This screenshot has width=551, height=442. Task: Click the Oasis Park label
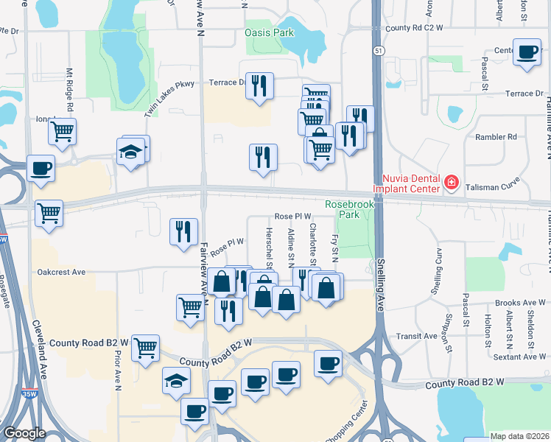tap(269, 32)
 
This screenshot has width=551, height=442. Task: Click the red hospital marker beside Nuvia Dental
tap(451, 182)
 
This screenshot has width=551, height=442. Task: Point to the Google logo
tap(24, 433)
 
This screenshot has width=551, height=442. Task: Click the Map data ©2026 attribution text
tap(519, 436)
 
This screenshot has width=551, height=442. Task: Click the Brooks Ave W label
tap(520, 303)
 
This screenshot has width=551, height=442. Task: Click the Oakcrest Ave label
tap(61, 272)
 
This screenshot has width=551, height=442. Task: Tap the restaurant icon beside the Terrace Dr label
tap(259, 86)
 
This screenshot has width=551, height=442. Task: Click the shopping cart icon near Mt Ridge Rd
tap(63, 132)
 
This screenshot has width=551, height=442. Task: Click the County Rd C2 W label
tap(413, 28)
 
